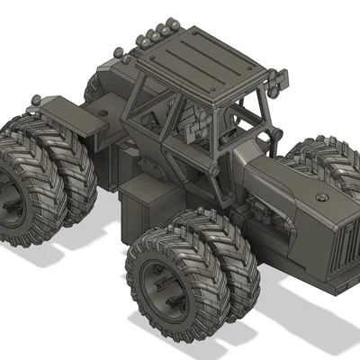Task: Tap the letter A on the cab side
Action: coord(155,117)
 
